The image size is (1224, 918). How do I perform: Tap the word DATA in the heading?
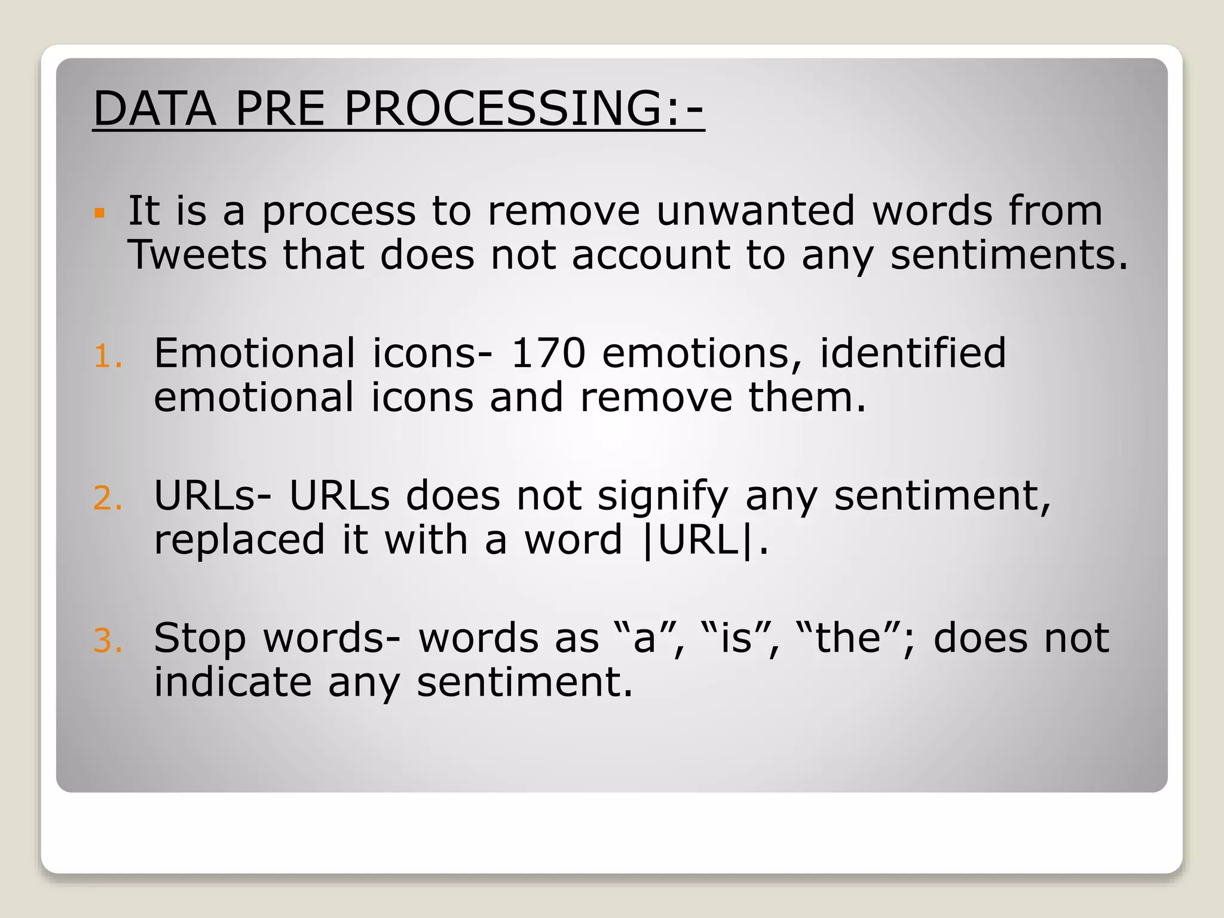[x=155, y=109]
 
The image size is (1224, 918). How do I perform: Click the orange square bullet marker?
[x=100, y=213]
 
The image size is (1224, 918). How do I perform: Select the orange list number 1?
[x=108, y=357]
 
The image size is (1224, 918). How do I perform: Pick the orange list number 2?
[x=108, y=499]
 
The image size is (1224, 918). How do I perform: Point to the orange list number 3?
[x=108, y=641]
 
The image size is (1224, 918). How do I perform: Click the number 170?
[x=548, y=353]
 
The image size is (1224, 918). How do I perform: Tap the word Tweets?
[x=197, y=255]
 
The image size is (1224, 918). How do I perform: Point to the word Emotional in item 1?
[x=255, y=353]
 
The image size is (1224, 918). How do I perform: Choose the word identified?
[x=913, y=353]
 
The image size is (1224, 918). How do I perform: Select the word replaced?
[x=239, y=540]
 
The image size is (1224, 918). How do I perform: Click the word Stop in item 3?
[x=200, y=638]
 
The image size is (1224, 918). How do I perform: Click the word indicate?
[x=232, y=682]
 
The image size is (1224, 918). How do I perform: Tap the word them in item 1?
[x=806, y=397]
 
